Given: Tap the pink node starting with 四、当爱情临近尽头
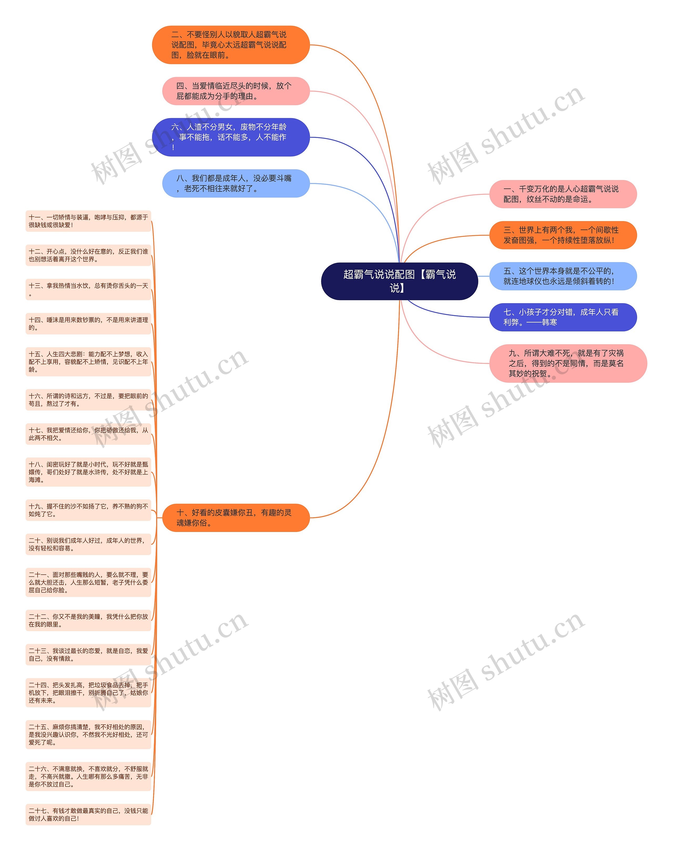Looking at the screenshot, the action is pyautogui.click(x=236, y=91).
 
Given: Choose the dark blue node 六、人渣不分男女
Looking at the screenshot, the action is pyautogui.click(x=231, y=137).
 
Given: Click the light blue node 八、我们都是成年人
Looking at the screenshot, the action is pyautogui.click(x=236, y=183).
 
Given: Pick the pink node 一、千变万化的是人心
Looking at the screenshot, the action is pyautogui.click(x=563, y=194).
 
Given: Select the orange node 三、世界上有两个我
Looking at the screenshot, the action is pyautogui.click(x=563, y=235).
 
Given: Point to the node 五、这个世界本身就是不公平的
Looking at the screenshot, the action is pyautogui.click(x=563, y=276).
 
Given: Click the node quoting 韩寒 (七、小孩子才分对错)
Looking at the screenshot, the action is pyautogui.click(x=563, y=317).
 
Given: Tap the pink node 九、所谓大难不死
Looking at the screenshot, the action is pyautogui.click(x=567, y=363).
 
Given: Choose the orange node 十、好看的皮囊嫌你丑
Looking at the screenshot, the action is pyautogui.click(x=236, y=517).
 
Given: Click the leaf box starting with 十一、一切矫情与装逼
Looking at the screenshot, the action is pyautogui.click(x=88, y=221).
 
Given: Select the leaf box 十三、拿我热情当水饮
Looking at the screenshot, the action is pyautogui.click(x=88, y=290).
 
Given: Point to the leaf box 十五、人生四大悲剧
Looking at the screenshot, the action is pyautogui.click(x=88, y=362).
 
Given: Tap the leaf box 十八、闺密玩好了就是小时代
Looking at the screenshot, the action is pyautogui.click(x=88, y=472).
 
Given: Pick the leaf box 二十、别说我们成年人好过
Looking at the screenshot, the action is pyautogui.click(x=88, y=544).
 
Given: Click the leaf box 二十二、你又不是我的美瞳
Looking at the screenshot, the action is pyautogui.click(x=88, y=620).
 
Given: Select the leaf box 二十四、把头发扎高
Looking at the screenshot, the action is pyautogui.click(x=88, y=692).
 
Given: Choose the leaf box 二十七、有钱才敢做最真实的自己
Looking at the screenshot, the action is pyautogui.click(x=88, y=814).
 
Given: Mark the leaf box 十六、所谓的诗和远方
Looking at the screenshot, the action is pyautogui.click(x=88, y=400).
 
